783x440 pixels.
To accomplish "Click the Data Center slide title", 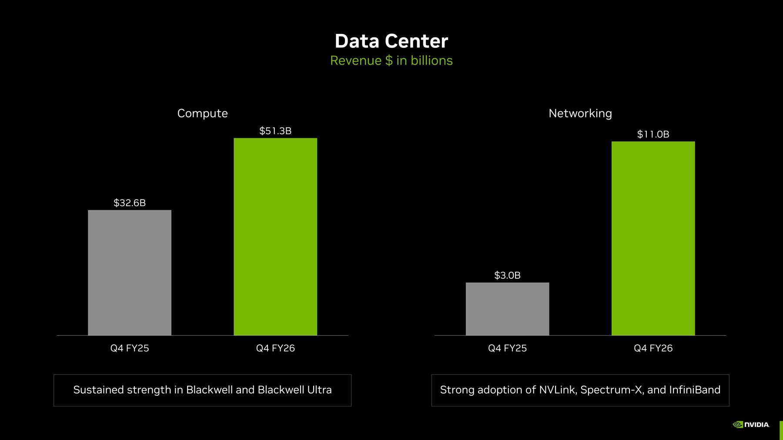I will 391,41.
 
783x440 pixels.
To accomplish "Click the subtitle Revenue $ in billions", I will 391,60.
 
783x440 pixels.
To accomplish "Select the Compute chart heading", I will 202,113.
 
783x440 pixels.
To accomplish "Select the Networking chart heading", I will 580,113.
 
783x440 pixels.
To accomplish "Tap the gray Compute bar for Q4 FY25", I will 130,273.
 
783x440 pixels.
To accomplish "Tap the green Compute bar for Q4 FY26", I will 275,237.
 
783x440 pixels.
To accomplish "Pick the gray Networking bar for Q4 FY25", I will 507,309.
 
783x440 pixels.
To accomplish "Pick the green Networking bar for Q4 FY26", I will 653,238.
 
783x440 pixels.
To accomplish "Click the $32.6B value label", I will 130,203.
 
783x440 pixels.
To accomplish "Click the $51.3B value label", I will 275,131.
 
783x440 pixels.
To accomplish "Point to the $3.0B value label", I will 507,275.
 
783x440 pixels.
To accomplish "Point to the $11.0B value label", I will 653,134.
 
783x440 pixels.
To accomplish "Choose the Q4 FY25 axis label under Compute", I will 130,348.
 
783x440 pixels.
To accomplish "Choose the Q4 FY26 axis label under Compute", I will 275,348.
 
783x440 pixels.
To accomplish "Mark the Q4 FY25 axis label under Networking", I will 507,348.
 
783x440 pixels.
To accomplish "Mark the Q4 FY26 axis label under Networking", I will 653,348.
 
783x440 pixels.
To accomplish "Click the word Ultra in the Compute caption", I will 319,390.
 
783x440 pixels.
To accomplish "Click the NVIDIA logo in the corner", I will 751,425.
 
